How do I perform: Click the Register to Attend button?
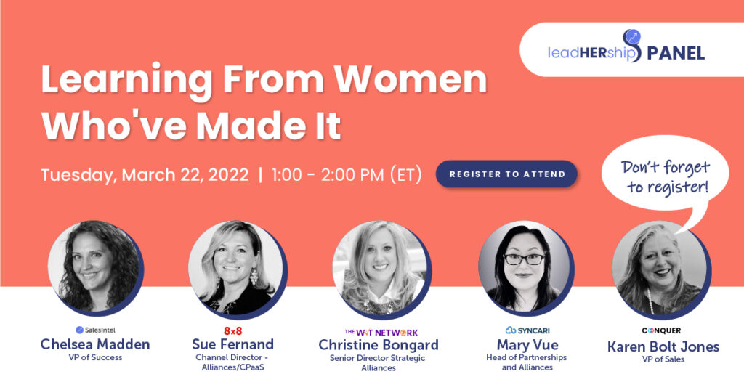pyautogui.click(x=506, y=174)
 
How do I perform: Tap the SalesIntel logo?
pyautogui.click(x=95, y=330)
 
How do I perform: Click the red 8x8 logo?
pyautogui.click(x=233, y=330)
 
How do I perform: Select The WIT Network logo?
pyautogui.click(x=381, y=333)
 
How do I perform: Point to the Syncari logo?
pyautogui.click(x=527, y=330)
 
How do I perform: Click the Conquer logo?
pyautogui.click(x=661, y=330)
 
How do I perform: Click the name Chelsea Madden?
pyautogui.click(x=95, y=344)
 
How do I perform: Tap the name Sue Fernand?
pyautogui.click(x=233, y=344)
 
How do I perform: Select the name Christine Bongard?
pyautogui.click(x=379, y=345)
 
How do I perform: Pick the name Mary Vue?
pyautogui.click(x=527, y=344)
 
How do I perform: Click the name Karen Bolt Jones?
pyautogui.click(x=663, y=346)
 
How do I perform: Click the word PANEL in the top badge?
pyautogui.click(x=676, y=53)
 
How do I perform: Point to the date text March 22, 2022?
pyautogui.click(x=185, y=175)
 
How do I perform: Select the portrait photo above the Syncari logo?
pyautogui.click(x=525, y=267)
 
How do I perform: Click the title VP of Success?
pyautogui.click(x=95, y=358)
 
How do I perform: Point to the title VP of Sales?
pyautogui.click(x=663, y=359)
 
